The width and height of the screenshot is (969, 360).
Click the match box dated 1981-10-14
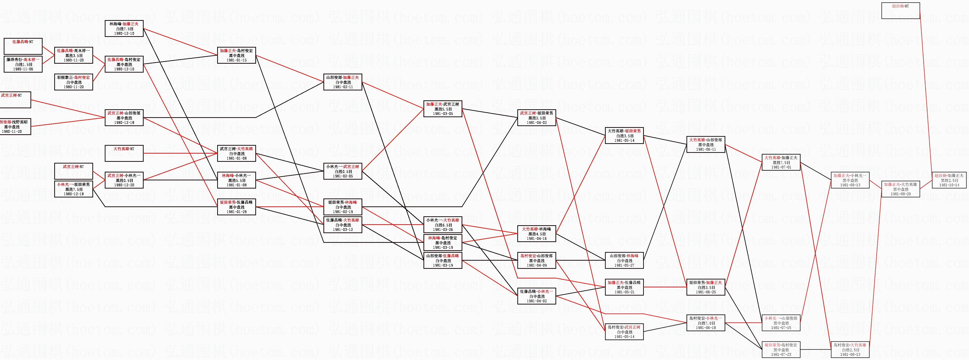point(949,180)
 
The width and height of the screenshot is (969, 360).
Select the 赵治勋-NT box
point(901,11)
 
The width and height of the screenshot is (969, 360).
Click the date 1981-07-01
point(781,167)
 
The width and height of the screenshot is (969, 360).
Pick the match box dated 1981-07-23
point(781,349)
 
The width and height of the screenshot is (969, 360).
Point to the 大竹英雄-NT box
point(124,153)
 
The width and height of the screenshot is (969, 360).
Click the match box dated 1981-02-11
point(343,82)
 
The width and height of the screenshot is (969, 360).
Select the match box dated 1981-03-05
point(443,109)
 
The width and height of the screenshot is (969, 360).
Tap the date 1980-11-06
point(23,69)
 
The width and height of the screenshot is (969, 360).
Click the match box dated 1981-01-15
point(236,55)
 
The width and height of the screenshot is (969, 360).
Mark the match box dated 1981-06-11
point(706,144)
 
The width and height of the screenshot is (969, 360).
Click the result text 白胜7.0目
point(706,323)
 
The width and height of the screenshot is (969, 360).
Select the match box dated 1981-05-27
point(625,260)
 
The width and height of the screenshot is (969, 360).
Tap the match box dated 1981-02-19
point(343,207)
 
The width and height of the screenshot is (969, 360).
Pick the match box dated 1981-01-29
point(236,207)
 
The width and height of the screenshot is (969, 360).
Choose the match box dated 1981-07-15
point(781,323)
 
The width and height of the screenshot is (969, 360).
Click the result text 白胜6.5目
point(443,225)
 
